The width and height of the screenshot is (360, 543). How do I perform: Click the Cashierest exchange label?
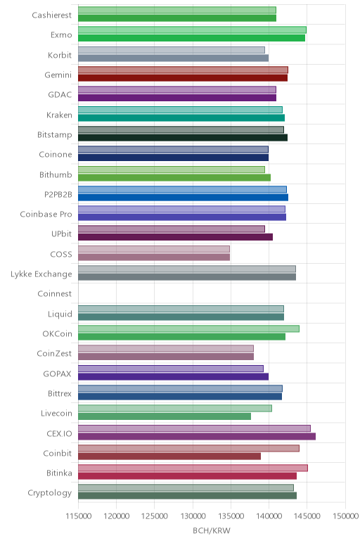pyautogui.click(x=52, y=15)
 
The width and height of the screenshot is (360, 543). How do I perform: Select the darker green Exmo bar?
pyautogui.click(x=191, y=38)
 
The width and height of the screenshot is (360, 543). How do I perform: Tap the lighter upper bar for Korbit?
pyautogui.click(x=172, y=50)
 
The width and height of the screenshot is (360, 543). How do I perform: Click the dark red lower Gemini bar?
pyautogui.click(x=183, y=78)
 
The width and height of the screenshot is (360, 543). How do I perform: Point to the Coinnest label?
pyautogui.click(x=55, y=294)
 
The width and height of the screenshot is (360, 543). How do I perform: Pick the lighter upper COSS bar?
pyautogui.click(x=154, y=249)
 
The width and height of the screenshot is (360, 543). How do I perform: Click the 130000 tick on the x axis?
pyautogui.click(x=193, y=516)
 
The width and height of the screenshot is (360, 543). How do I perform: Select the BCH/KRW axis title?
pyautogui.click(x=212, y=530)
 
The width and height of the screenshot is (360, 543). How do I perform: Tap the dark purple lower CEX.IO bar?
pyautogui.click(x=197, y=436)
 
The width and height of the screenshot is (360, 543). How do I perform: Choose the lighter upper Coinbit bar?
pyautogui.click(x=188, y=448)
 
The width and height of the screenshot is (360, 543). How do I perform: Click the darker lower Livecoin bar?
pyautogui.click(x=165, y=416)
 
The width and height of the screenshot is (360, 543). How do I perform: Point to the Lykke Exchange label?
pyautogui.click(x=41, y=274)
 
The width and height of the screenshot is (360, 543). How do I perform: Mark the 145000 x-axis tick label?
pyautogui.click(x=307, y=516)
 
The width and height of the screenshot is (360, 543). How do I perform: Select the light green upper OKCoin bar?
pyautogui.click(x=188, y=328)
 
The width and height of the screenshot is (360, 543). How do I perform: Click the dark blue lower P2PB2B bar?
pyautogui.click(x=183, y=198)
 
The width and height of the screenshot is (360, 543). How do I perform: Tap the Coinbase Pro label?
pyautogui.click(x=46, y=214)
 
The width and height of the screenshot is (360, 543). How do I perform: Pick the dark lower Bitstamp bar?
pyautogui.click(x=183, y=137)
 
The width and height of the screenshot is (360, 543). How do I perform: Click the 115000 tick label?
pyautogui.click(x=78, y=516)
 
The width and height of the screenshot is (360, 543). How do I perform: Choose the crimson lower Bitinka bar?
pyautogui.click(x=187, y=475)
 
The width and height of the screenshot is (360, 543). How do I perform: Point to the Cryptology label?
pyautogui.click(x=50, y=493)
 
